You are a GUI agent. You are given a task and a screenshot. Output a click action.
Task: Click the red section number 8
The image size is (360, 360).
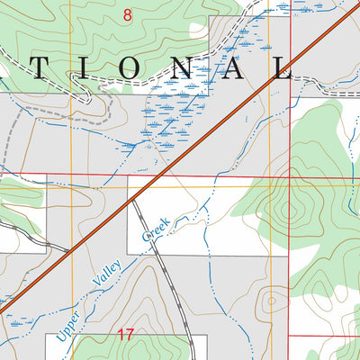pyautogui.click(x=128, y=13)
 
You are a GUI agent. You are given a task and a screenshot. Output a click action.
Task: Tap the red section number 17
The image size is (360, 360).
pyautogui.click(x=125, y=335)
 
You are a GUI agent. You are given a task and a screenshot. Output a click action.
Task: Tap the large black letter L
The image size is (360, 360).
pyautogui.click(x=283, y=70)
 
